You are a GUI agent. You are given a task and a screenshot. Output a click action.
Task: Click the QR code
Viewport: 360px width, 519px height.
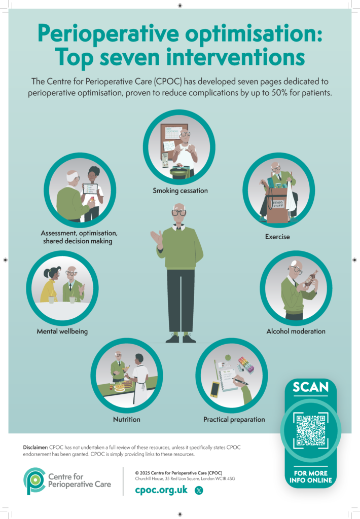click(x=311, y=430)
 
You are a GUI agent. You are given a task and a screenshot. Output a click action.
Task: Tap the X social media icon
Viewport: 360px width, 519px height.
click(x=199, y=490)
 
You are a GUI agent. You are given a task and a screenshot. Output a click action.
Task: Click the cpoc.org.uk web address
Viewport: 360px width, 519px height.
click(x=161, y=490)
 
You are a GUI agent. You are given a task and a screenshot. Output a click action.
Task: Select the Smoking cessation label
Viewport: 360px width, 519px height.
click(x=180, y=191)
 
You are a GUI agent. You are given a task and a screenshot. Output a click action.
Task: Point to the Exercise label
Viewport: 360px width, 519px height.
click(x=277, y=237)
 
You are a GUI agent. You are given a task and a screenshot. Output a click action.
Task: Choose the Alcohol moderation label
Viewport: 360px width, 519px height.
click(x=296, y=331)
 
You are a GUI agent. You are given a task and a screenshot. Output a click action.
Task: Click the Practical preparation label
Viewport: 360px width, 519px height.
click(x=234, y=420)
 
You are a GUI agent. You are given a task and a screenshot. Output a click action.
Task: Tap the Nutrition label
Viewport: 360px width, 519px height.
click(x=127, y=419)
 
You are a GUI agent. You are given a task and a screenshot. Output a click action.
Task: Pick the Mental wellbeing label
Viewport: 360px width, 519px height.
click(x=62, y=331)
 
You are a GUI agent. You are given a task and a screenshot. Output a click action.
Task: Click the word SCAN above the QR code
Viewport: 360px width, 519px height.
click(x=311, y=387)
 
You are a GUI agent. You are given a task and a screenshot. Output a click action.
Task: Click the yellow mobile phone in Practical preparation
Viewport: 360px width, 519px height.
click(x=215, y=389)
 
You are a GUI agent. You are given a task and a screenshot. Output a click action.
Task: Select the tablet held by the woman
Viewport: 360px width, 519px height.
click(x=90, y=189)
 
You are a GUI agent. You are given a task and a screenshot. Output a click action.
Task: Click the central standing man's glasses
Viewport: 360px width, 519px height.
click(x=179, y=212)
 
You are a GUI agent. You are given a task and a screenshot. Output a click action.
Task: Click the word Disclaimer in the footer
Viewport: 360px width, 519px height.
click(x=35, y=447)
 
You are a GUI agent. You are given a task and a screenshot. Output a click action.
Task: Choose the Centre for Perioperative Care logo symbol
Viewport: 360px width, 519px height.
click(x=34, y=481)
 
